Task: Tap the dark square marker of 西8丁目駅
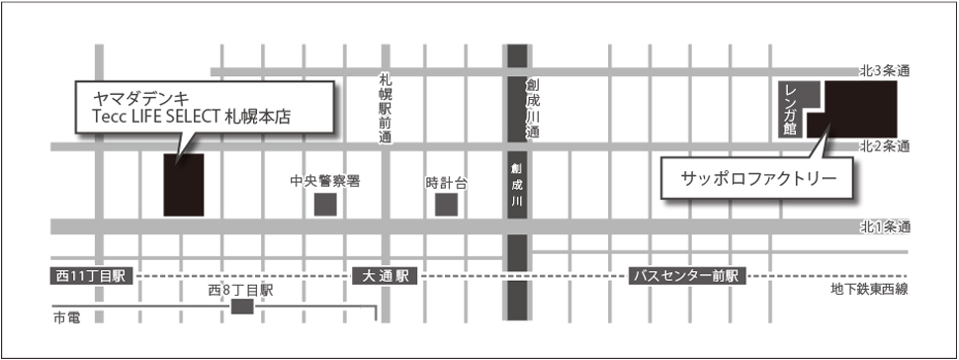(241, 308)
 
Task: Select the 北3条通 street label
(884, 70)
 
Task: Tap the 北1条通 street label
(884, 227)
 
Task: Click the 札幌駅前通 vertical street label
(385, 109)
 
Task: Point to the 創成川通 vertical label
(531, 107)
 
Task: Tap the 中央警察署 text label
(324, 182)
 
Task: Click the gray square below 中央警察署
(324, 205)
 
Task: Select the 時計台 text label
(446, 182)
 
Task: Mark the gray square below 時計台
(446, 205)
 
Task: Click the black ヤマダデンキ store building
(184, 184)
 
